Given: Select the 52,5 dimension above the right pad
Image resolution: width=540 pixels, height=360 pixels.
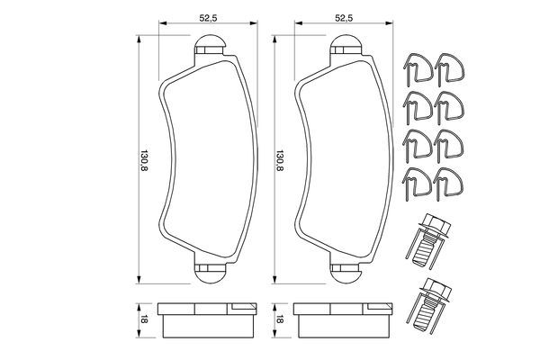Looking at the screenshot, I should pos(342,16).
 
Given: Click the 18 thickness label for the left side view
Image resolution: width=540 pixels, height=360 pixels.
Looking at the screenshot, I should pos(143,318).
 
